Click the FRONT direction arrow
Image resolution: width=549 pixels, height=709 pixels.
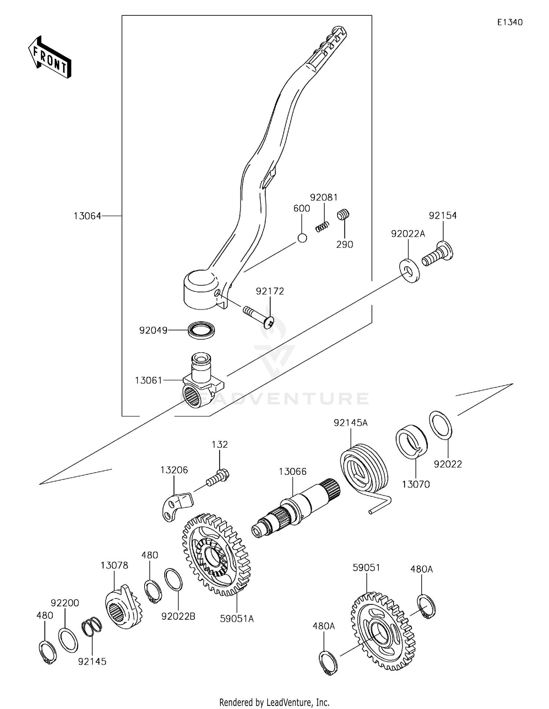[x=50, y=57]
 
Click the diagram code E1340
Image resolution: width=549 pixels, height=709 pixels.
[x=509, y=22]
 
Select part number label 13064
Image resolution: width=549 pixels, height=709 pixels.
[x=87, y=216]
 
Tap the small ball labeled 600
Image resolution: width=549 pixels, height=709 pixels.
[x=302, y=238]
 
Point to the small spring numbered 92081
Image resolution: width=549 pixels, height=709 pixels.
[x=322, y=226]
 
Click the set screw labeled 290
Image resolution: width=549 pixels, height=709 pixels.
[x=343, y=214]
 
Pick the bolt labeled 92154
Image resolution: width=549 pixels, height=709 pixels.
[x=438, y=255]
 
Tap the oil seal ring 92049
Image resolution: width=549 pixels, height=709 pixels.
[x=201, y=330]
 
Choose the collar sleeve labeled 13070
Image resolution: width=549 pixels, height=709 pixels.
[x=411, y=441]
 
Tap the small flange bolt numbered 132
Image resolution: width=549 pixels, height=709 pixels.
[x=218, y=477]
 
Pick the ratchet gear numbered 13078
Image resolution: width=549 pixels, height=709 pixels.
[x=123, y=609]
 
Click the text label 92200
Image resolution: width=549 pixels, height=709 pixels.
[x=65, y=603]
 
